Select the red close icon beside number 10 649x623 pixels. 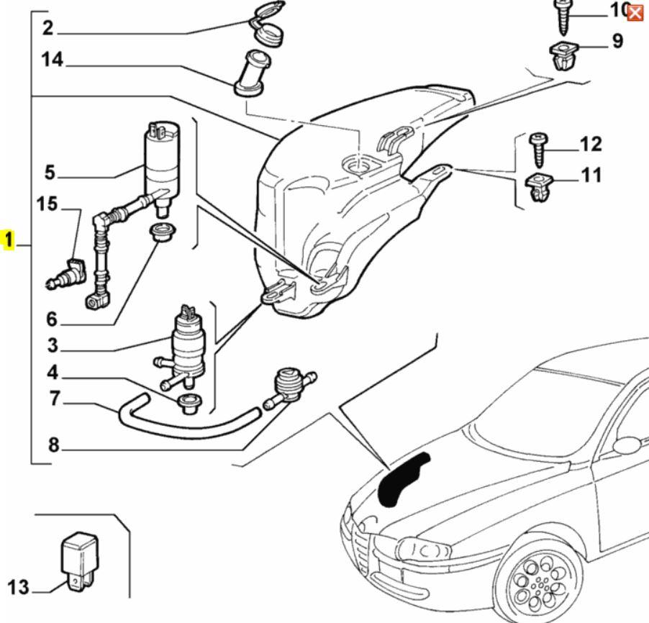[x=635, y=12]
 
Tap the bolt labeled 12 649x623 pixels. [x=538, y=149]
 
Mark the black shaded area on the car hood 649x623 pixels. [x=401, y=478]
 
